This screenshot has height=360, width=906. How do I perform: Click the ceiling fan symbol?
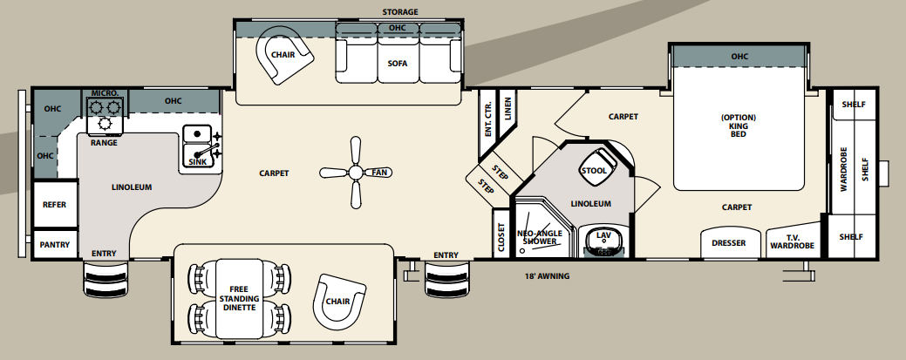click(354, 173)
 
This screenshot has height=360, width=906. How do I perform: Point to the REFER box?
click(54, 204)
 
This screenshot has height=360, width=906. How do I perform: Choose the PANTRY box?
click(54, 245)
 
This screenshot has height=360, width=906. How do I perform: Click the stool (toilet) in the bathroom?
click(594, 169)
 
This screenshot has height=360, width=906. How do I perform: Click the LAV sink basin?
click(603, 238)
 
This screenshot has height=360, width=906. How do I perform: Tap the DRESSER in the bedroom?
click(728, 242)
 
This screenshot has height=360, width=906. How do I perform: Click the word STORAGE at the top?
click(400, 12)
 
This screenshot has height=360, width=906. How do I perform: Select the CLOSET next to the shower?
click(501, 234)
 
